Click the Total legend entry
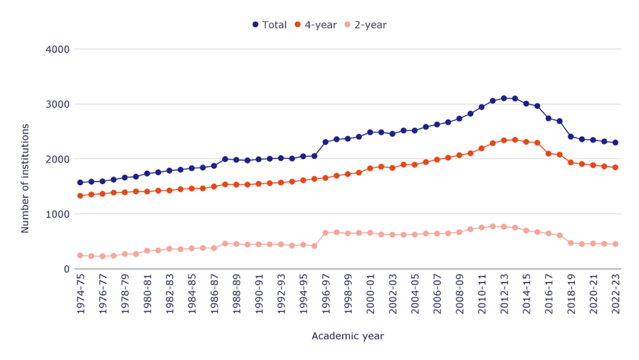coord(270,25)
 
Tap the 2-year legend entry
coord(366,25)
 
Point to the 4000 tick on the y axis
coord(58,49)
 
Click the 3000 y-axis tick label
coord(58,104)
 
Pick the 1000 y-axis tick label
coord(58,214)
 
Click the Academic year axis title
coord(348,336)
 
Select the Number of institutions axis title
coord(26,178)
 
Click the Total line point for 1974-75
coord(80,182)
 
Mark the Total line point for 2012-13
coord(504,98)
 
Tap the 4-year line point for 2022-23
coord(615,167)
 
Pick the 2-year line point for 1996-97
coord(325,233)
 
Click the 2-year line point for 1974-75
coord(80,255)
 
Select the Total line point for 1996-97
coord(325,142)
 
